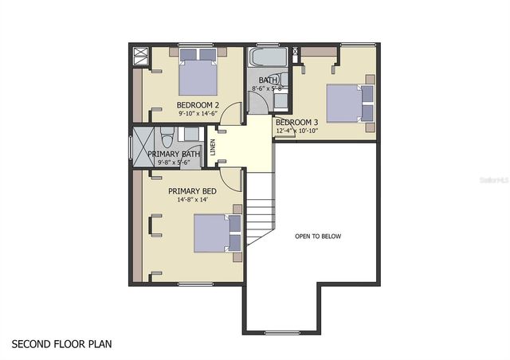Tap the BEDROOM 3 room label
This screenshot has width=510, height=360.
click(x=296, y=122)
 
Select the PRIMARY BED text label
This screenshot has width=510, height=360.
click(x=192, y=191)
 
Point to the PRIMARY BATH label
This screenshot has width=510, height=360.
click(x=174, y=154)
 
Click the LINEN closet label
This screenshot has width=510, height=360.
click(x=213, y=147)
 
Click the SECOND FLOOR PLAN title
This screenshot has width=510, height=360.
click(x=62, y=345)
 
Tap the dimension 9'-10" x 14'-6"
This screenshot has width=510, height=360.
click(x=197, y=114)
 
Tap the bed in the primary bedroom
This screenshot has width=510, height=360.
click(x=217, y=233)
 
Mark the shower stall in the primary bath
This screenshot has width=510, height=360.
click(x=143, y=148)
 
